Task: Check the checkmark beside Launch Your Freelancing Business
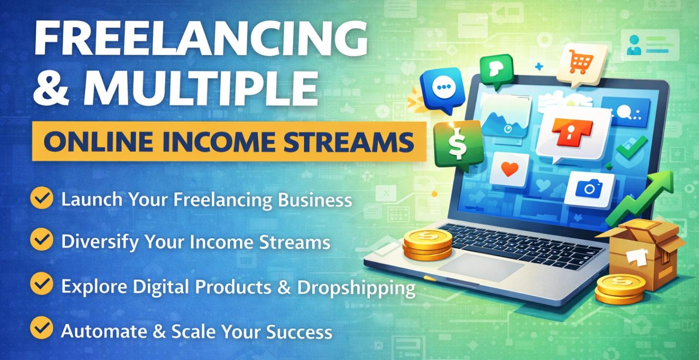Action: coord(42,199)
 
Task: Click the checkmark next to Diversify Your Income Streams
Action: coord(42,240)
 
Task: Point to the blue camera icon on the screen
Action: coord(590,189)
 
